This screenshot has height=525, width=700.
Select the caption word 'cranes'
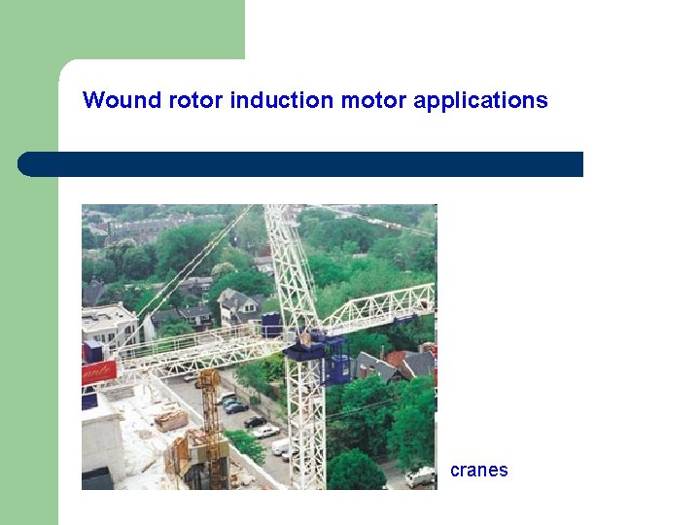click(x=478, y=471)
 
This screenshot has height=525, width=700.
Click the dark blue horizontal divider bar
click(x=301, y=164)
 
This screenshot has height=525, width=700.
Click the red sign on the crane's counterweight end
click(x=98, y=372)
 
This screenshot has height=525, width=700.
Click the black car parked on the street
click(x=255, y=421)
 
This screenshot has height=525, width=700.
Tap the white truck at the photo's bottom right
click(x=420, y=476)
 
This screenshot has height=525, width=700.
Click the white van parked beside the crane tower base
click(x=281, y=446)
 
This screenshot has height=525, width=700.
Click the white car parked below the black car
click(x=264, y=431)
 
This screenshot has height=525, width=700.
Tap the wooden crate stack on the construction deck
click(x=171, y=420)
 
